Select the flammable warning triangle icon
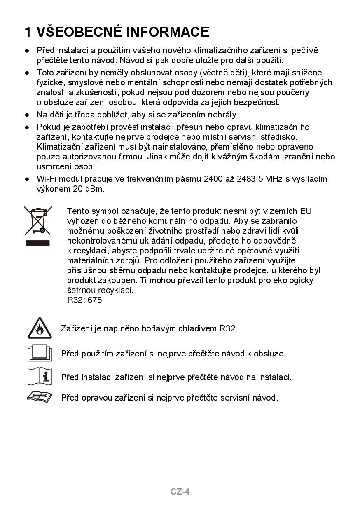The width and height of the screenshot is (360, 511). tap(40, 328)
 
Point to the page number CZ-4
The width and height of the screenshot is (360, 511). tap(180, 491)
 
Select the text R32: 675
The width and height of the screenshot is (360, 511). tap(84, 300)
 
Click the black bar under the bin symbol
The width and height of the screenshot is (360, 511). tap(37, 243)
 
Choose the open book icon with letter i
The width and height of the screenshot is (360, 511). tap(40, 376)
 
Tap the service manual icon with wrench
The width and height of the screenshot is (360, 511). tap(40, 397)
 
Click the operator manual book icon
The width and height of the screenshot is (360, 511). tap(40, 353)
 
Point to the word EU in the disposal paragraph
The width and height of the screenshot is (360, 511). tap(306, 211)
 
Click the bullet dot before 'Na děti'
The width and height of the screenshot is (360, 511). tap(27, 115)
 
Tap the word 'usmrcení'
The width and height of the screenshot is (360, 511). tap(54, 166)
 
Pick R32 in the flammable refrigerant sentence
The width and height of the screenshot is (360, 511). tap(228, 328)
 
